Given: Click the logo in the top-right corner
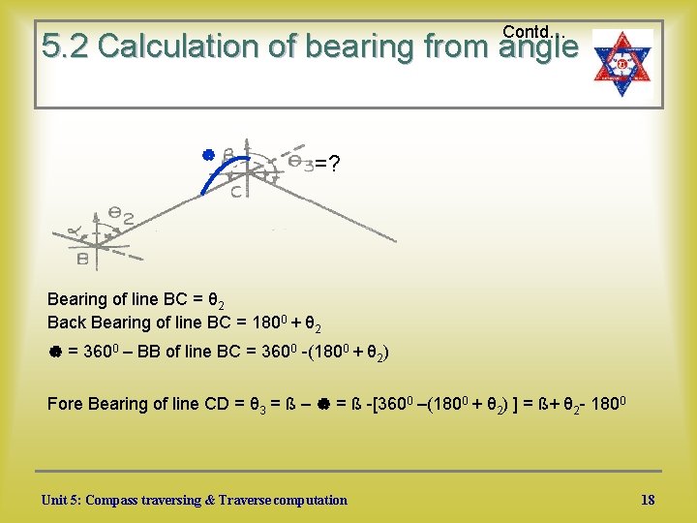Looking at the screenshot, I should tap(622, 66).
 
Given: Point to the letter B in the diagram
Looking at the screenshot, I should tap(84, 259).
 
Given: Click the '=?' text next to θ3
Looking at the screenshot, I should tap(327, 164).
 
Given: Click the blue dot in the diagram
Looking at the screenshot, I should tap(206, 154).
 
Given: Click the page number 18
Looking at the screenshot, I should tap(648, 500).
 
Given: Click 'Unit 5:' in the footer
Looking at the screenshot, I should tap(61, 501).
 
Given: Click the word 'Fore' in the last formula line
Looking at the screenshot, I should tap(65, 404).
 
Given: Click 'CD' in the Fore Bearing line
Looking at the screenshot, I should tap(220, 404).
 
